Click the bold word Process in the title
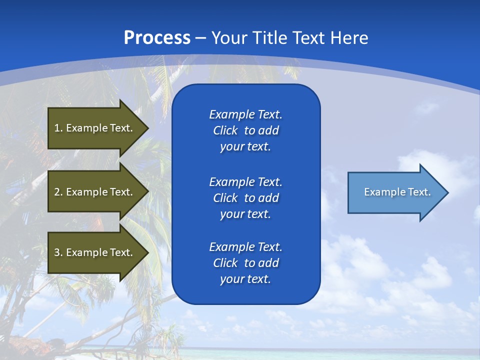click(x=157, y=38)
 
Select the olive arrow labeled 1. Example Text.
click(x=95, y=128)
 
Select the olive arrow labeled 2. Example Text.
click(x=95, y=192)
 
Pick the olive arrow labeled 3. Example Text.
click(x=95, y=252)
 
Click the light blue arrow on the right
click(x=395, y=192)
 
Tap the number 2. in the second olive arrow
click(x=58, y=192)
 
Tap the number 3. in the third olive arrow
click(x=58, y=252)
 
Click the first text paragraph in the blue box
click(x=245, y=130)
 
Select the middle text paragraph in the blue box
click(x=245, y=197)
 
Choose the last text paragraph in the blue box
click(x=245, y=263)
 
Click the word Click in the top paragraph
click(x=225, y=130)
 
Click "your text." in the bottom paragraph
click(x=245, y=279)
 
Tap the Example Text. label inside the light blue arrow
click(x=397, y=192)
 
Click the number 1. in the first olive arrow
click(x=58, y=128)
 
